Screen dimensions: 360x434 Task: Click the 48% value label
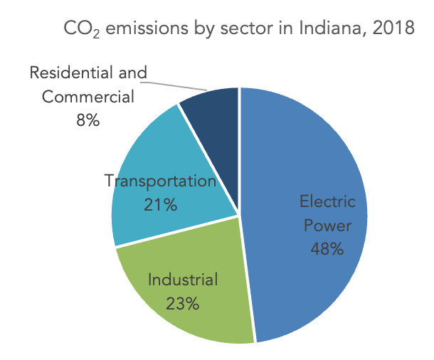pyautogui.click(x=327, y=249)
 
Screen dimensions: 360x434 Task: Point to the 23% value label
pyautogui.click(x=183, y=303)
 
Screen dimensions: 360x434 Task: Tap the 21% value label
pyautogui.click(x=160, y=205)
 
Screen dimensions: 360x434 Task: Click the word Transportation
pyautogui.click(x=160, y=181)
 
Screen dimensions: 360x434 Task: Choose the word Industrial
pyautogui.click(x=183, y=279)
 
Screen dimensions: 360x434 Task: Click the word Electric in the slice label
pyautogui.click(x=327, y=201)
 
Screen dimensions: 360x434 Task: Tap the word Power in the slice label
pyautogui.click(x=327, y=226)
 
